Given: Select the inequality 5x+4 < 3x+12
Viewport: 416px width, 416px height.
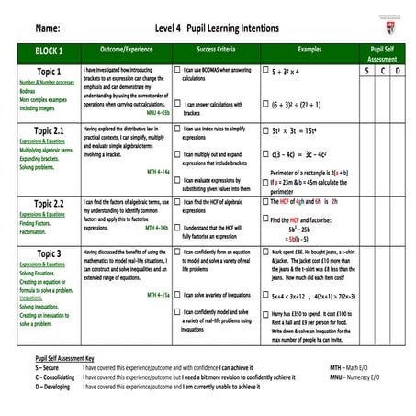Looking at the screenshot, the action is [x=291, y=295].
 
